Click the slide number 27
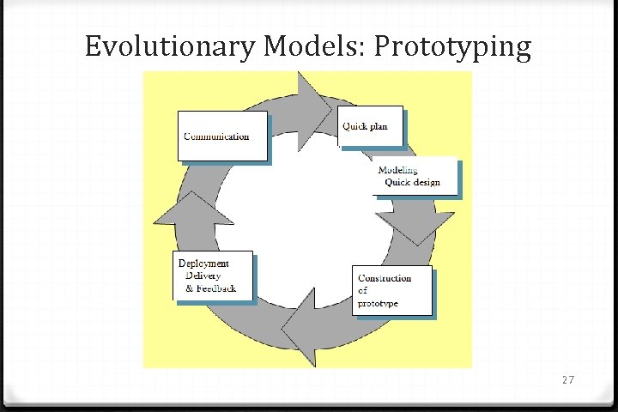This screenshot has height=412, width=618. [567, 379]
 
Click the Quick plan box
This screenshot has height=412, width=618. [370, 127]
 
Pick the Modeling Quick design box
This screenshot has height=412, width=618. [415, 176]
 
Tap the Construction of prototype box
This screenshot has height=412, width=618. [391, 291]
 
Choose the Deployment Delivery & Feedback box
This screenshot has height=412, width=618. [214, 276]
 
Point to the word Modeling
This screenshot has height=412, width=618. [398, 170]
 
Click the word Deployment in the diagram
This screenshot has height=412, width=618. [203, 263]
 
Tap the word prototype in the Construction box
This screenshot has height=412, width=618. [378, 304]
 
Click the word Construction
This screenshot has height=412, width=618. [385, 278]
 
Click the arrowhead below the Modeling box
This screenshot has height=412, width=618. [415, 225]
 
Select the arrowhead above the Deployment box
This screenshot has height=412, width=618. [197, 218]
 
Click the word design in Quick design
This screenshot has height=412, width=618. [424, 182]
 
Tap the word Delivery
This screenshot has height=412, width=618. [203, 276]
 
